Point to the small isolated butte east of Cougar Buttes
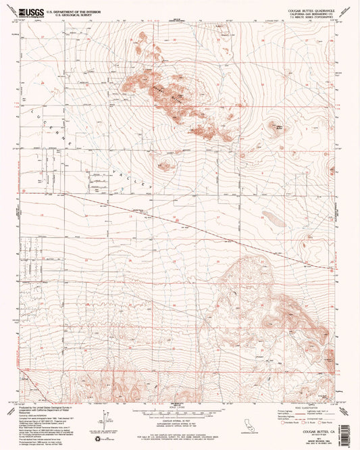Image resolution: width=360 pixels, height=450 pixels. pos(276,126)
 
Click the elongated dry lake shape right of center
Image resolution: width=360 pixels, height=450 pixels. pos(274,218)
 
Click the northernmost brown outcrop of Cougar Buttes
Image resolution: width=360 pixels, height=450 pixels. pos(143,37)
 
